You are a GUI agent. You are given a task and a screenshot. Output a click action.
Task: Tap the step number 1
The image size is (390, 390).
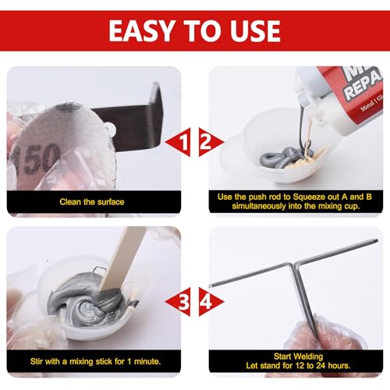point(183,142)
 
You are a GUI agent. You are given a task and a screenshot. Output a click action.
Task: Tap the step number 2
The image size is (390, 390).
point(206,142)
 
